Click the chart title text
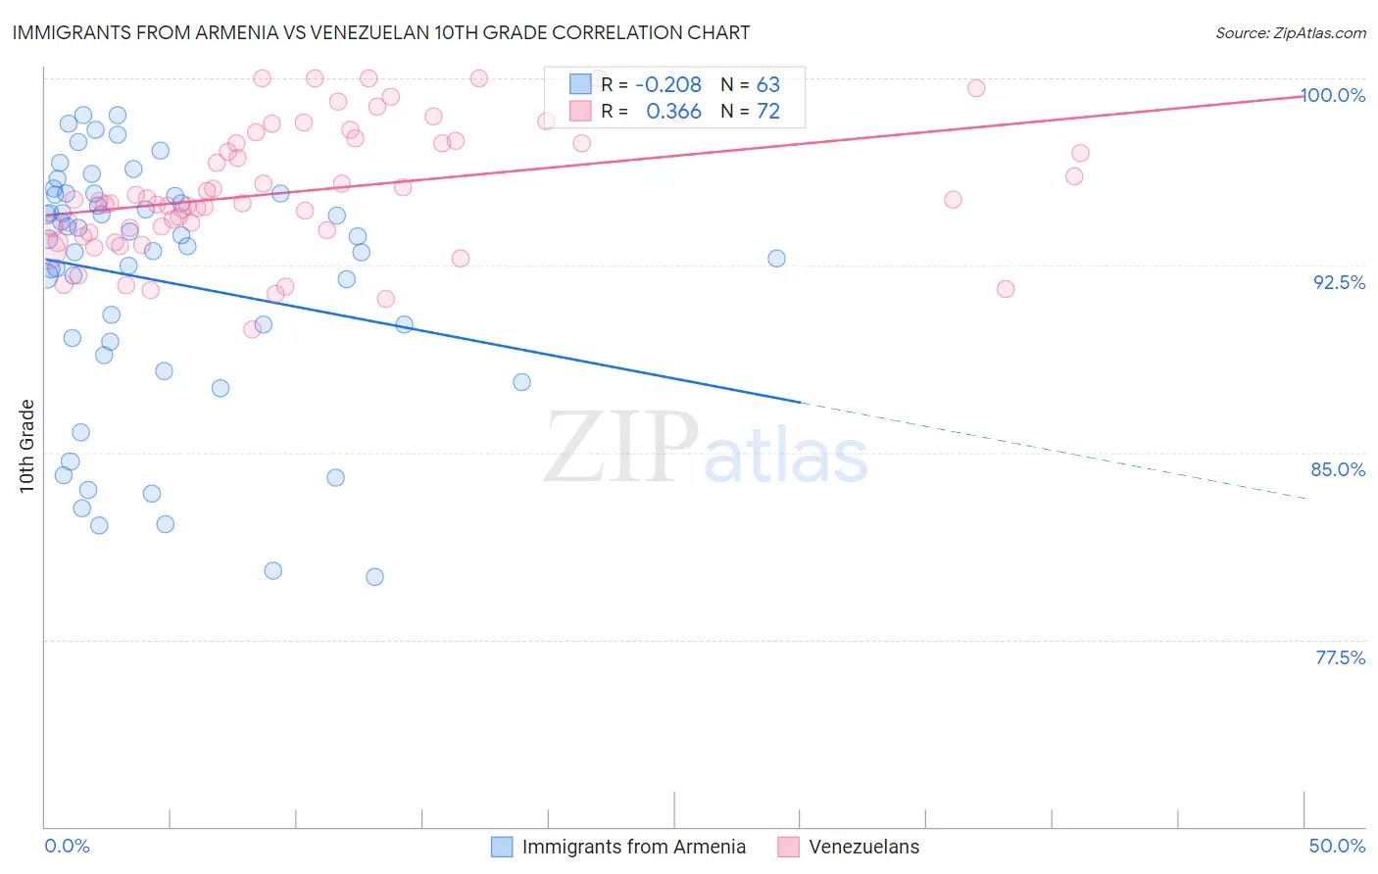point(380,32)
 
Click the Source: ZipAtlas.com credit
point(1290,32)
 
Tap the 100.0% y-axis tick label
point(1332,95)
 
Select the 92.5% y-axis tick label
point(1339,282)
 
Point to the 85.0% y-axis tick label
point(1338,469)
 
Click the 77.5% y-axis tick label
point(1340,657)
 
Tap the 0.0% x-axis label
point(67,846)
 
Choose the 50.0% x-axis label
point(1337,846)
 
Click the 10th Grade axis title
point(27,446)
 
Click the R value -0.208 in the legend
point(668,85)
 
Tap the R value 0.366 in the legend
point(673,112)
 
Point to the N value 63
point(767,85)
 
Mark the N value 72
point(767,112)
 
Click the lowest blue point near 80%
point(374,577)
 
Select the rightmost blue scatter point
point(776,259)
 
